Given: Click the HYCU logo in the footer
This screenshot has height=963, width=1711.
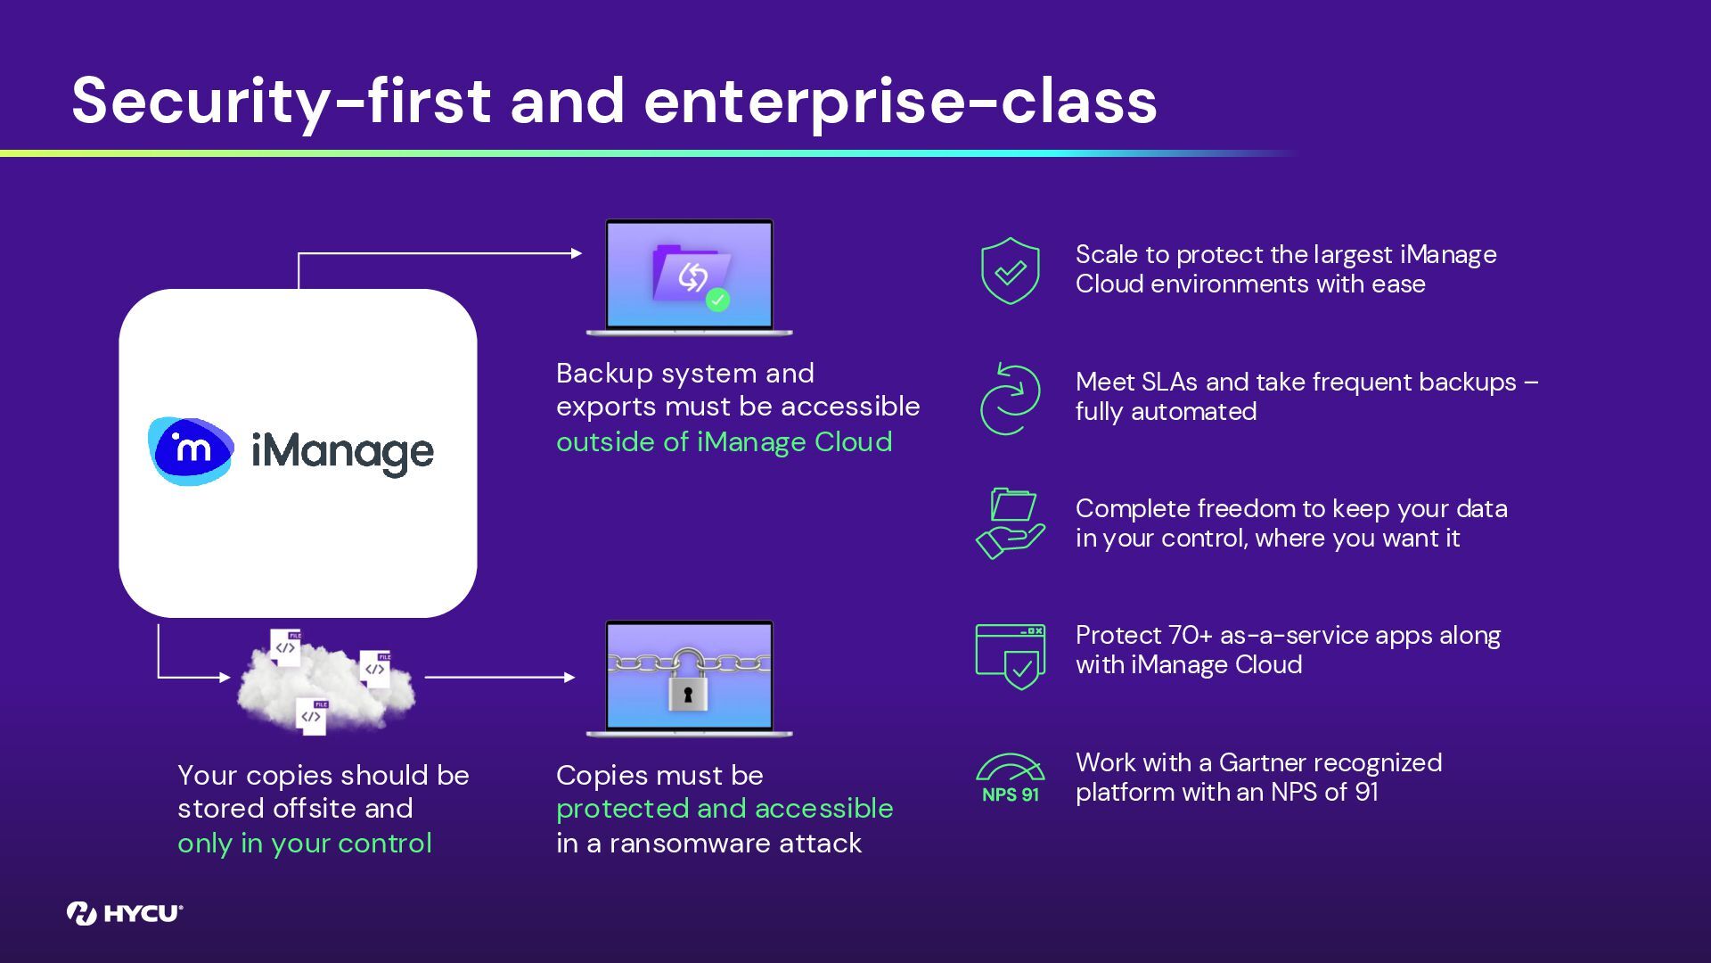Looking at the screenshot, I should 124,913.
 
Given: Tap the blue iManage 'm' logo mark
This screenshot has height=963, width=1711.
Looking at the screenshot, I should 191,451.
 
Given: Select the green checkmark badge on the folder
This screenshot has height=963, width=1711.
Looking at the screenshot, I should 717,300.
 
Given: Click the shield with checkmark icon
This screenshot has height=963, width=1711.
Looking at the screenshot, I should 1010,270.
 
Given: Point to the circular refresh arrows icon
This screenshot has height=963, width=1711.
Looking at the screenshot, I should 1010,399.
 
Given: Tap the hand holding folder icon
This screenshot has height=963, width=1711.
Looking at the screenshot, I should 1010,523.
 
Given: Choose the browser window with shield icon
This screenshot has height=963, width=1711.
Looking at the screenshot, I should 1010,655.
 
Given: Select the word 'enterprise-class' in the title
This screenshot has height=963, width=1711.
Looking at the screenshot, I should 899,102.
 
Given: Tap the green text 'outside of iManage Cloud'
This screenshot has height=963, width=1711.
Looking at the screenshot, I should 724,442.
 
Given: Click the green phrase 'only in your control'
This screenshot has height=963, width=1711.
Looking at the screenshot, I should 304,844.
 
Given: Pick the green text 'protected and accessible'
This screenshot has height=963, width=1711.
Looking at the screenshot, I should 724,809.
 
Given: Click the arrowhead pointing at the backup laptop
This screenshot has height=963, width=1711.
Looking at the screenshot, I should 577,253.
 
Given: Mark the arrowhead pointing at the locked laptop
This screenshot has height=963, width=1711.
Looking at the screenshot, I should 570,678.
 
